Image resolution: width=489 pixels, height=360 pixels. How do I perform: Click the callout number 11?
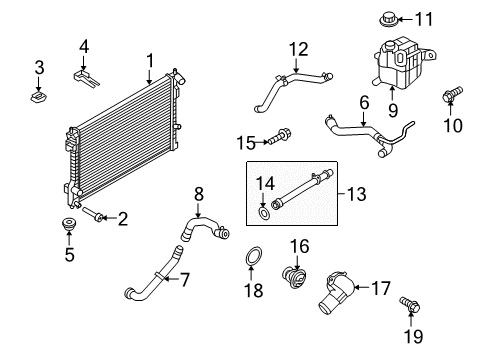click(424, 19)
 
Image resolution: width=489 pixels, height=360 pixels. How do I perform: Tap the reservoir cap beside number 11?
click(389, 19)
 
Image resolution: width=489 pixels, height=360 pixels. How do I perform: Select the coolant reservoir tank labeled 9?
click(401, 63)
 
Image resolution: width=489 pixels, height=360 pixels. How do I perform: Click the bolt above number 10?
click(452, 93)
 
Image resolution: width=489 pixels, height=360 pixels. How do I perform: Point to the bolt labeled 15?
click(279, 136)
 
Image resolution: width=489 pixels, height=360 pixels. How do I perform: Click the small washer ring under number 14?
click(264, 213)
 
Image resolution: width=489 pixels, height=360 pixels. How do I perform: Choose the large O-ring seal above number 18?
click(254, 257)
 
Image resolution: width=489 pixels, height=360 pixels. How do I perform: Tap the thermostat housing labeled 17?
click(336, 292)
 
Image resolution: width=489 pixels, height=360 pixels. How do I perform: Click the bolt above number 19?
click(410, 304)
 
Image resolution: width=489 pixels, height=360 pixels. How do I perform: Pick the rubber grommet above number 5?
click(69, 224)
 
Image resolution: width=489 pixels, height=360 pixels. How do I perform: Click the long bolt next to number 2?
click(92, 214)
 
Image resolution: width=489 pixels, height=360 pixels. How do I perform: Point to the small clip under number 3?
click(38, 98)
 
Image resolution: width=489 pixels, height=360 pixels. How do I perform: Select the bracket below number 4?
click(86, 78)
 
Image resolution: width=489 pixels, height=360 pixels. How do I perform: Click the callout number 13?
click(356, 194)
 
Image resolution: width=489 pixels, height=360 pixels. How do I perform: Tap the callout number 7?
click(185, 279)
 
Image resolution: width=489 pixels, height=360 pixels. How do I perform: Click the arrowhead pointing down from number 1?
click(149, 81)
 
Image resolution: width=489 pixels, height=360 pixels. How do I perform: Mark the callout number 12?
click(298, 49)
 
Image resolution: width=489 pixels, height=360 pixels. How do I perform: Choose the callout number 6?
click(364, 102)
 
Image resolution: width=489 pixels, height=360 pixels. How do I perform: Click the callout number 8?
click(199, 194)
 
